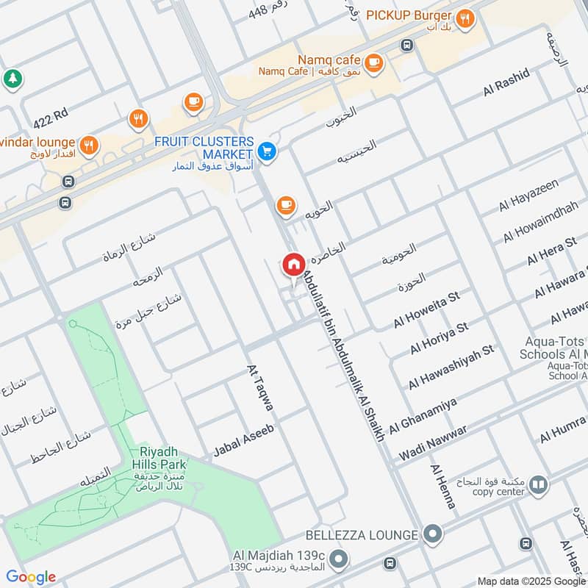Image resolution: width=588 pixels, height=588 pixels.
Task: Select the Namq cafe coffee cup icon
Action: click(x=373, y=62)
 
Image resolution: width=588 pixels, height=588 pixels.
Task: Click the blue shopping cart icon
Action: click(x=267, y=151)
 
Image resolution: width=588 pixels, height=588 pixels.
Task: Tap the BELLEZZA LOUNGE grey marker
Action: click(x=434, y=534)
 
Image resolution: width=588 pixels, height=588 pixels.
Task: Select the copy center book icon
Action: click(x=539, y=484)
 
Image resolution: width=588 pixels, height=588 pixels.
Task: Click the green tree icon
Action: click(x=11, y=77)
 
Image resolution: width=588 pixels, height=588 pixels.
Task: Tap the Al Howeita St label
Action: click(x=426, y=310)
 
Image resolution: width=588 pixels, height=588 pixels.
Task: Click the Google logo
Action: click(x=31, y=576)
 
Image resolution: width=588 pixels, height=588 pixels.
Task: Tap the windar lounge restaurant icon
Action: click(x=88, y=144)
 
